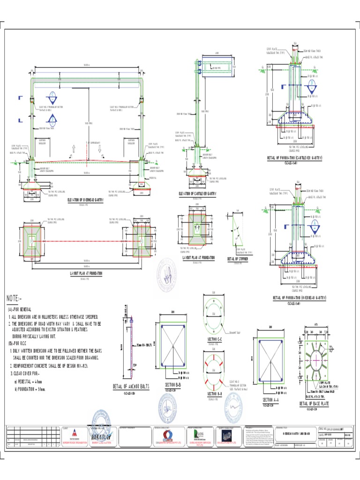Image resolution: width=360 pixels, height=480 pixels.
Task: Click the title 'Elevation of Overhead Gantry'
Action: (85, 200)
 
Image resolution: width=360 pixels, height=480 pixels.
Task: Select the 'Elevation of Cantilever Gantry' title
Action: (197, 193)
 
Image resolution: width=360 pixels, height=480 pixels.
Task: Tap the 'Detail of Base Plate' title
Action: (311, 404)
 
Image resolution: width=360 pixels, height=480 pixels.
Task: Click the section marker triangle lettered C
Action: (52, 97)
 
